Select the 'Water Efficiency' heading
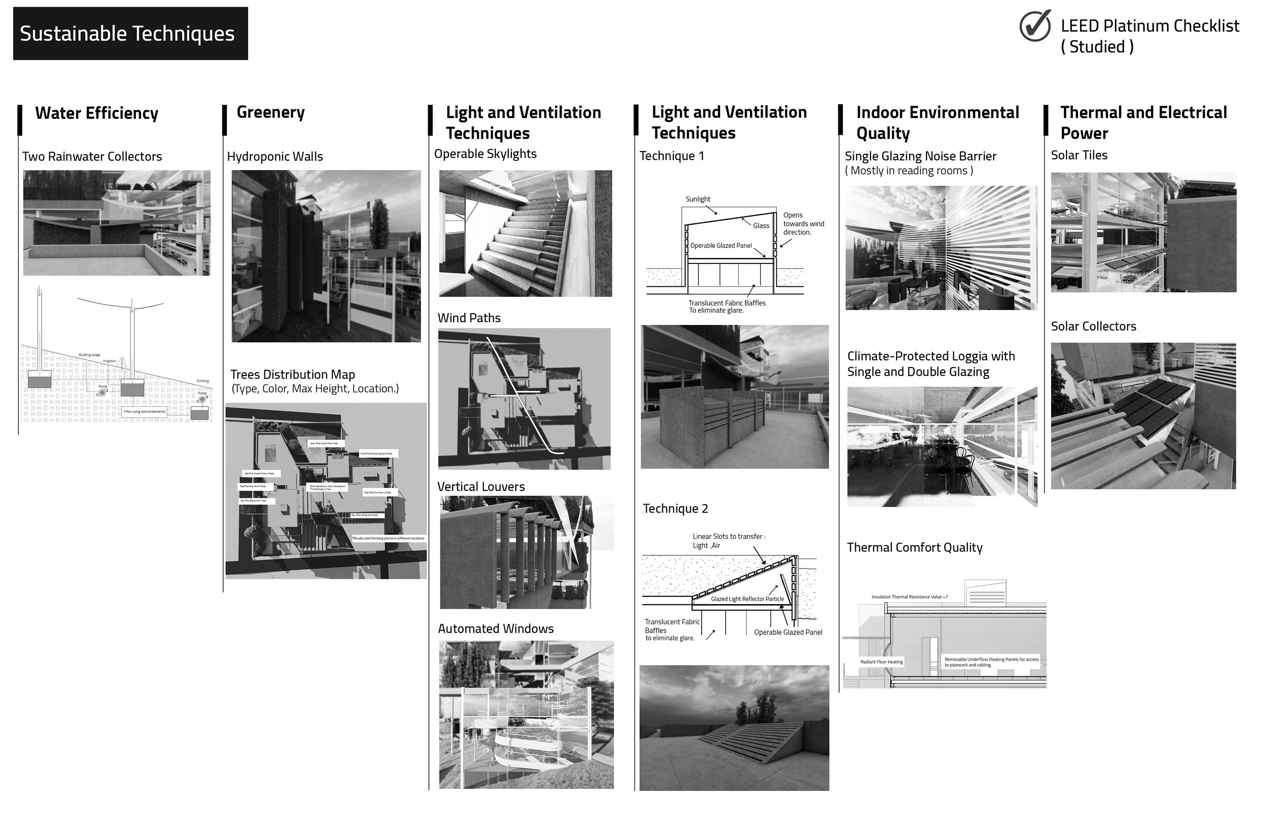[97, 113]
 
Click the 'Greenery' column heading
[271, 112]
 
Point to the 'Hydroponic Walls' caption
[275, 156]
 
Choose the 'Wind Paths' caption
[469, 318]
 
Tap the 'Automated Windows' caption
[496, 629]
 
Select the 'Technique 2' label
[675, 509]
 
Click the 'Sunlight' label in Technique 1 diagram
[697, 199]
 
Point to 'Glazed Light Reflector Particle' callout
[747, 599]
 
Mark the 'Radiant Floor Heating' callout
[882, 662]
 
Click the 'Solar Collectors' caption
[1093, 327]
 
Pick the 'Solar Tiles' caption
[1079, 156]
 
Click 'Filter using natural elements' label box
[145, 412]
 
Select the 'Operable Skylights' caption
[485, 154]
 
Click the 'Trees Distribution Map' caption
[292, 375]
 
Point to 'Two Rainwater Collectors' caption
[92, 156]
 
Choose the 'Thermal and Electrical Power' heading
[1143, 123]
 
